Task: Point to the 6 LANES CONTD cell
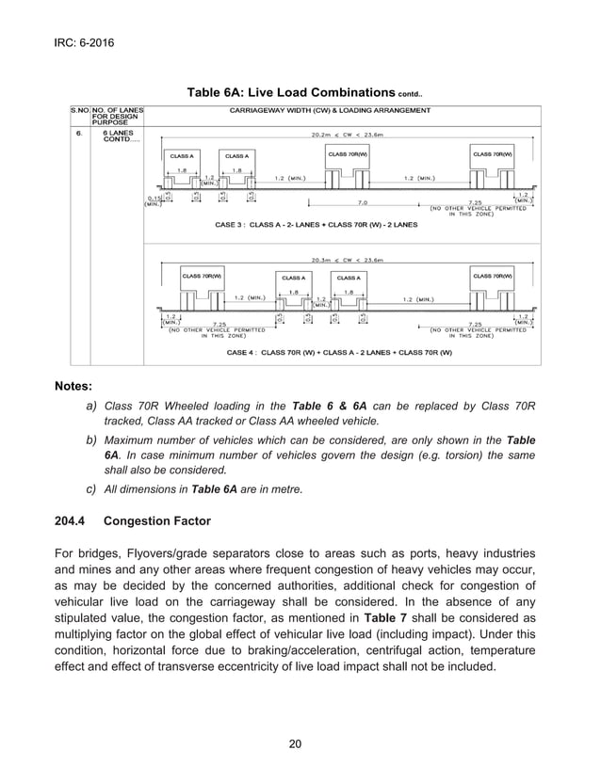coord(117,137)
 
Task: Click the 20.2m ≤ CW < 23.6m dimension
coord(349,134)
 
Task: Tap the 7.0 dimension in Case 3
coord(362,201)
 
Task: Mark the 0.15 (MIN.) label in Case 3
coord(152,201)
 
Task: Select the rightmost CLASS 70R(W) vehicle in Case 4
coord(493,277)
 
